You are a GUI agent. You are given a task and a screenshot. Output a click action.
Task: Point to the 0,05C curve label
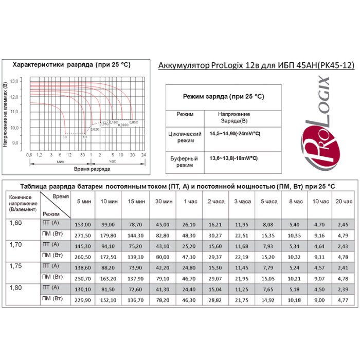tap(133, 122)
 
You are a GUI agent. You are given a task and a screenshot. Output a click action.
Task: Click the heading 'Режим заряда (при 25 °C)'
tap(224, 96)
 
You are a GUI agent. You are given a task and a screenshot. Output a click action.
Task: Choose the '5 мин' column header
tap(83, 202)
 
